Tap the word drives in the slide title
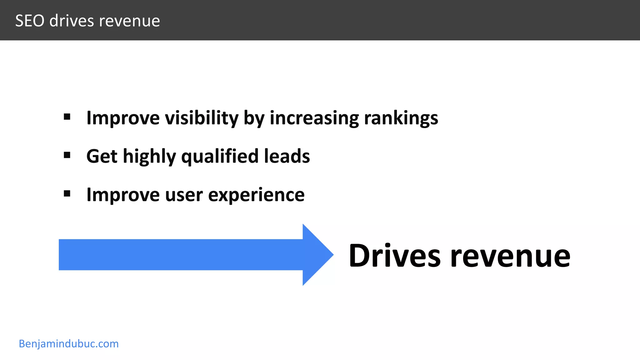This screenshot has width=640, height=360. (x=72, y=21)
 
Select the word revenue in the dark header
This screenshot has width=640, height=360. (x=129, y=21)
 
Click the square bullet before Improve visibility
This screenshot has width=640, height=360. (x=67, y=117)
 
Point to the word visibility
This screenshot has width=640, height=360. (x=202, y=118)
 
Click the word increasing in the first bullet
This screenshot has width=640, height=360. (x=314, y=118)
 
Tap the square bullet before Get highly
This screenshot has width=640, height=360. (x=67, y=155)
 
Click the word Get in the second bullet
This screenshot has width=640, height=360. (x=102, y=156)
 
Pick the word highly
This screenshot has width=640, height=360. (x=149, y=156)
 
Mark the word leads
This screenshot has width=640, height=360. (x=287, y=156)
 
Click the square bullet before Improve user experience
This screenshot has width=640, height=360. (x=67, y=194)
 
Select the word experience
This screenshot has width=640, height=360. (x=256, y=195)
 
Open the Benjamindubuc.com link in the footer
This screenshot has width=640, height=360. (x=69, y=344)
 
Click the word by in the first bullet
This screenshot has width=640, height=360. (x=254, y=118)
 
